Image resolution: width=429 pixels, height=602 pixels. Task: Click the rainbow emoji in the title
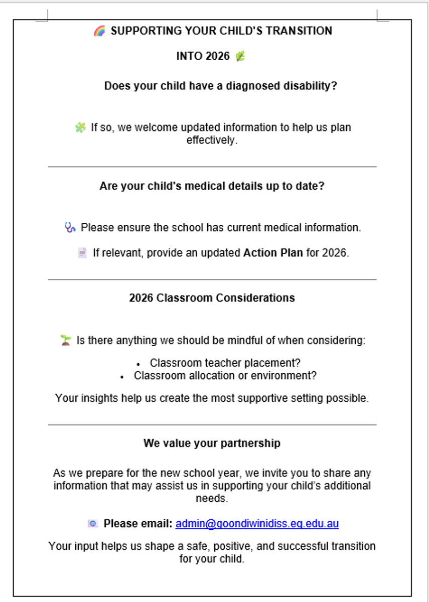click(99, 31)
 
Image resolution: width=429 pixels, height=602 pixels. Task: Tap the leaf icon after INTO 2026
click(240, 56)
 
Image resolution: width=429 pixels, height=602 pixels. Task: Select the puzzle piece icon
click(80, 127)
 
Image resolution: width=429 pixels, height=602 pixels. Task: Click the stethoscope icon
click(70, 228)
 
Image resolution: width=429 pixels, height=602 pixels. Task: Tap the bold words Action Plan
click(273, 253)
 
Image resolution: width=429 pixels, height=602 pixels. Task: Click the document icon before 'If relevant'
click(82, 253)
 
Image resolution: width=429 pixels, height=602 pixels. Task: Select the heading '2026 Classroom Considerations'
click(212, 298)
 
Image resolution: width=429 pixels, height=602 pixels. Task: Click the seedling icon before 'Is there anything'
click(66, 341)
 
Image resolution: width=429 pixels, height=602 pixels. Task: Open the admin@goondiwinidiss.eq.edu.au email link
click(257, 524)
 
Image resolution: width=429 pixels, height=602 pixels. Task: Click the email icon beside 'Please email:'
click(93, 524)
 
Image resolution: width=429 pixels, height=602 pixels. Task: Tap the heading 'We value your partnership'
click(212, 443)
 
